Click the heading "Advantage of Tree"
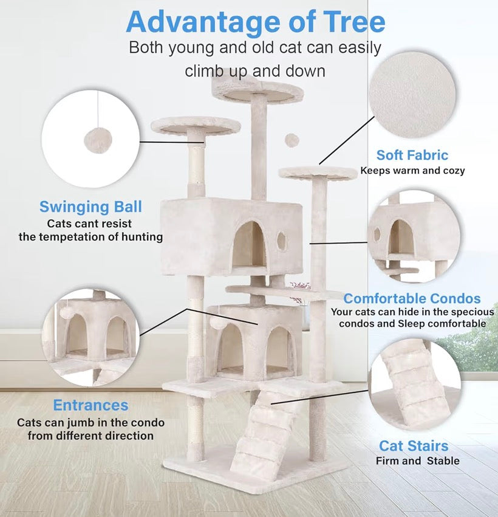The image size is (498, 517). coord(255,22)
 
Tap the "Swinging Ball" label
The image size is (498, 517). coord(90,207)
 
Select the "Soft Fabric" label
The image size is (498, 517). coord(412,155)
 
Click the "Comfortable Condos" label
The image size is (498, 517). coord(412,298)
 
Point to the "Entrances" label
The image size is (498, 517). coord(90,405)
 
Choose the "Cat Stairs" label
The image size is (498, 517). coord(414,447)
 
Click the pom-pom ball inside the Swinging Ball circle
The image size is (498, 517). coord(93,140)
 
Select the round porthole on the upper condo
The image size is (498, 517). coord(281,241)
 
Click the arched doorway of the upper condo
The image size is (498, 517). coord(250,244)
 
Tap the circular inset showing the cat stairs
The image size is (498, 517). coord(415,384)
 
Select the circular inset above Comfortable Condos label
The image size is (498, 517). coord(414,237)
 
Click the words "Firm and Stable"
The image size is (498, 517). coord(417,461)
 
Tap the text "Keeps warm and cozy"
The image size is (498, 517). coord(412,171)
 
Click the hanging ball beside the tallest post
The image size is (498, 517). coord(292,140)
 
